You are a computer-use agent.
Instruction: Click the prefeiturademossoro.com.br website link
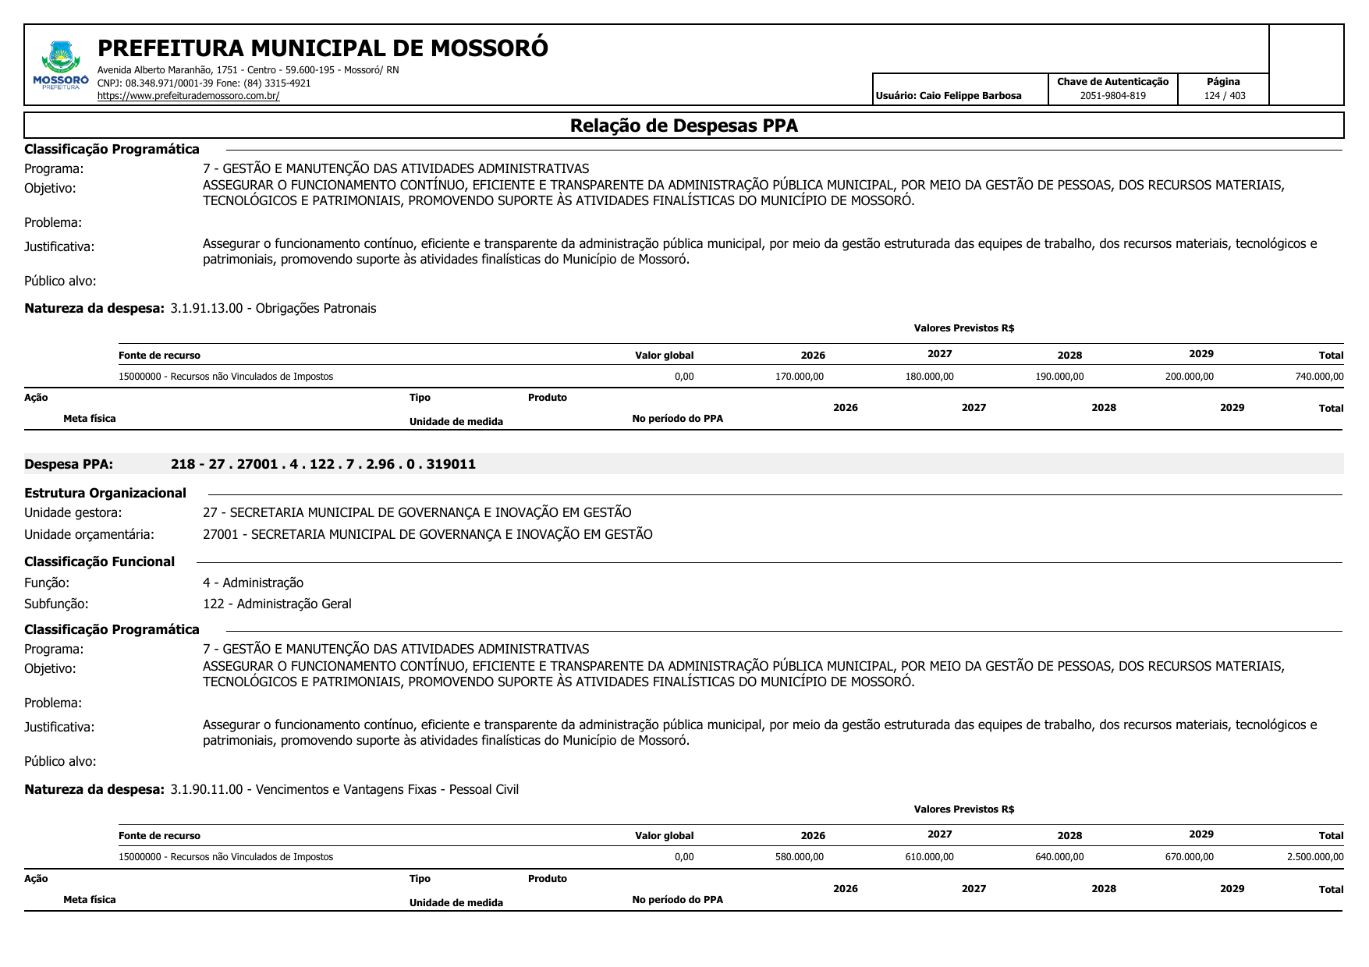[188, 96]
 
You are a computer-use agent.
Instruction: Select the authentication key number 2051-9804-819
[1112, 96]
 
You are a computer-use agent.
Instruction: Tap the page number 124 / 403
[1224, 96]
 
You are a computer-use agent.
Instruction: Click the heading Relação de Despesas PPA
[683, 126]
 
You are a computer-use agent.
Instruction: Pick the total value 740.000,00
[1319, 377]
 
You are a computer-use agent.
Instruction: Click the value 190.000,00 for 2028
[1059, 377]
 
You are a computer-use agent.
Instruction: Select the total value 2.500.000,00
[1315, 857]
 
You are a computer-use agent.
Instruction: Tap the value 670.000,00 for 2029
[1189, 857]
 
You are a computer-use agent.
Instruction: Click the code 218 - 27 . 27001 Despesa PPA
[323, 464]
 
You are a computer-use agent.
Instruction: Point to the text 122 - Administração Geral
[277, 604]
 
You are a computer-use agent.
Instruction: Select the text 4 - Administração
[253, 583]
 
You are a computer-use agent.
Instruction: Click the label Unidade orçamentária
[89, 534]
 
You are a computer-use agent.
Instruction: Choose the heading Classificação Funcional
[99, 561]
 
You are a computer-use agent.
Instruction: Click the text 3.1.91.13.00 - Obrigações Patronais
[273, 308]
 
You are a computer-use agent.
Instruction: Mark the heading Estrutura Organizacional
[105, 493]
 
